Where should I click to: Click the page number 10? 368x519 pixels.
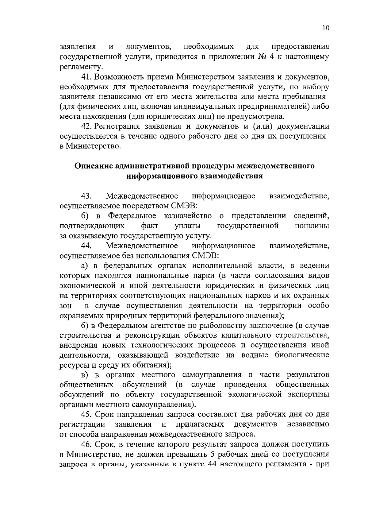click(326, 28)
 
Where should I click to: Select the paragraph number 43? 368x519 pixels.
click(86, 196)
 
